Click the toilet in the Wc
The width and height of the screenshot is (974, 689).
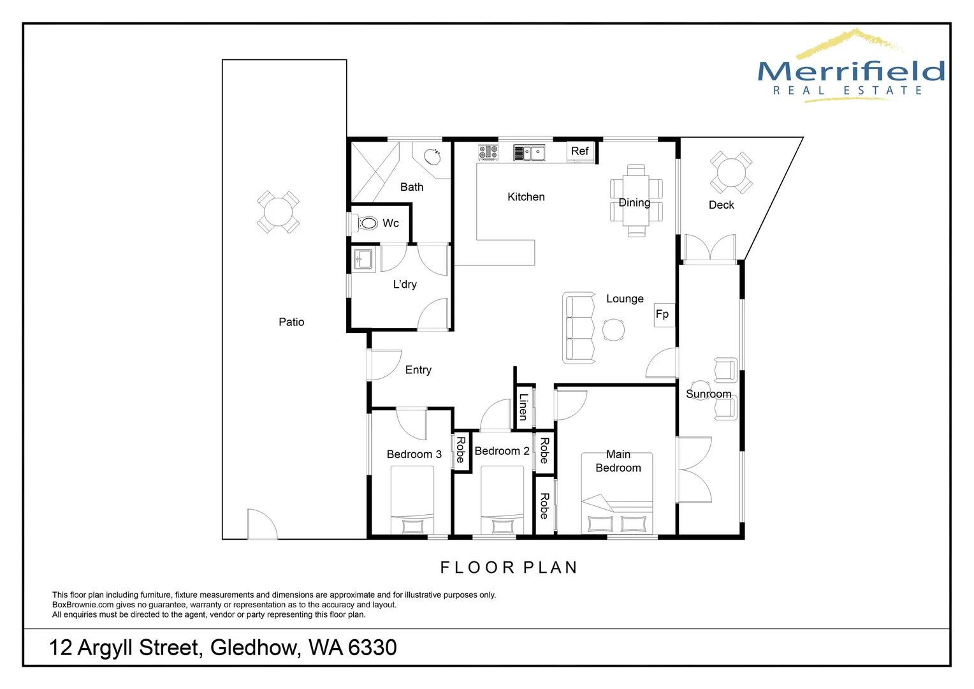coord(367,223)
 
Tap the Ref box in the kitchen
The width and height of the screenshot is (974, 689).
coord(580,151)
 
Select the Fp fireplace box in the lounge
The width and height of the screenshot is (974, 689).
coord(664,315)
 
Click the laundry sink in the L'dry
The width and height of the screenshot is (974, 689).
coord(364,259)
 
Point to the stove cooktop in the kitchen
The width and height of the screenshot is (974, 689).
coord(488,152)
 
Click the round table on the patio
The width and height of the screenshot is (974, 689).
coord(278,212)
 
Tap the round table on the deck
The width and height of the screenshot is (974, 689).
coord(731,172)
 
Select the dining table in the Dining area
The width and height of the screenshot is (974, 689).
coord(636,201)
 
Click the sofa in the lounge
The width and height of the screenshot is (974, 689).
coord(579,328)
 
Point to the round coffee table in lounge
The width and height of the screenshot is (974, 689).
coord(614,330)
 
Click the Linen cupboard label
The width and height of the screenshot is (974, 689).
coord(523,406)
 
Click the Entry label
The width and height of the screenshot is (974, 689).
coord(418,370)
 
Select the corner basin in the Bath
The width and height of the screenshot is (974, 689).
coord(432,156)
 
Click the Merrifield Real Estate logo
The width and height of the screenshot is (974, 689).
coord(850,67)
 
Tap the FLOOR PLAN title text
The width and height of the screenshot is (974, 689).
coord(509,567)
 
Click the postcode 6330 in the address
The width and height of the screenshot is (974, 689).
coord(372,648)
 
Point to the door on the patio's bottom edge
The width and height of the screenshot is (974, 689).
coord(261,525)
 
